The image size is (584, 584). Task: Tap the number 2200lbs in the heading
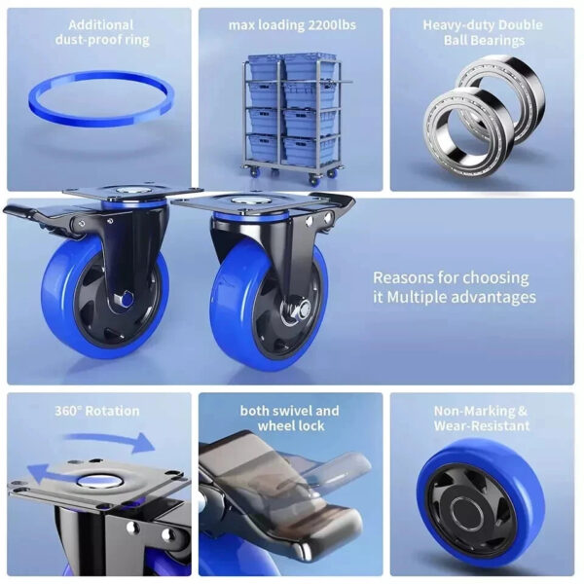[x=332, y=25]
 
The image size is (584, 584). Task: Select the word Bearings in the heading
[x=484, y=40]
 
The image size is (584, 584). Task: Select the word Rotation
[x=112, y=411]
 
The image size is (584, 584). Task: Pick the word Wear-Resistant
[x=482, y=425]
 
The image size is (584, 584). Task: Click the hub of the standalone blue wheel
[x=467, y=509]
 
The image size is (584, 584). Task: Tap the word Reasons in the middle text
[x=402, y=277]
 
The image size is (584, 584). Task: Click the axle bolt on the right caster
[x=304, y=309]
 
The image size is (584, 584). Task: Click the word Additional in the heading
[x=101, y=25]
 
